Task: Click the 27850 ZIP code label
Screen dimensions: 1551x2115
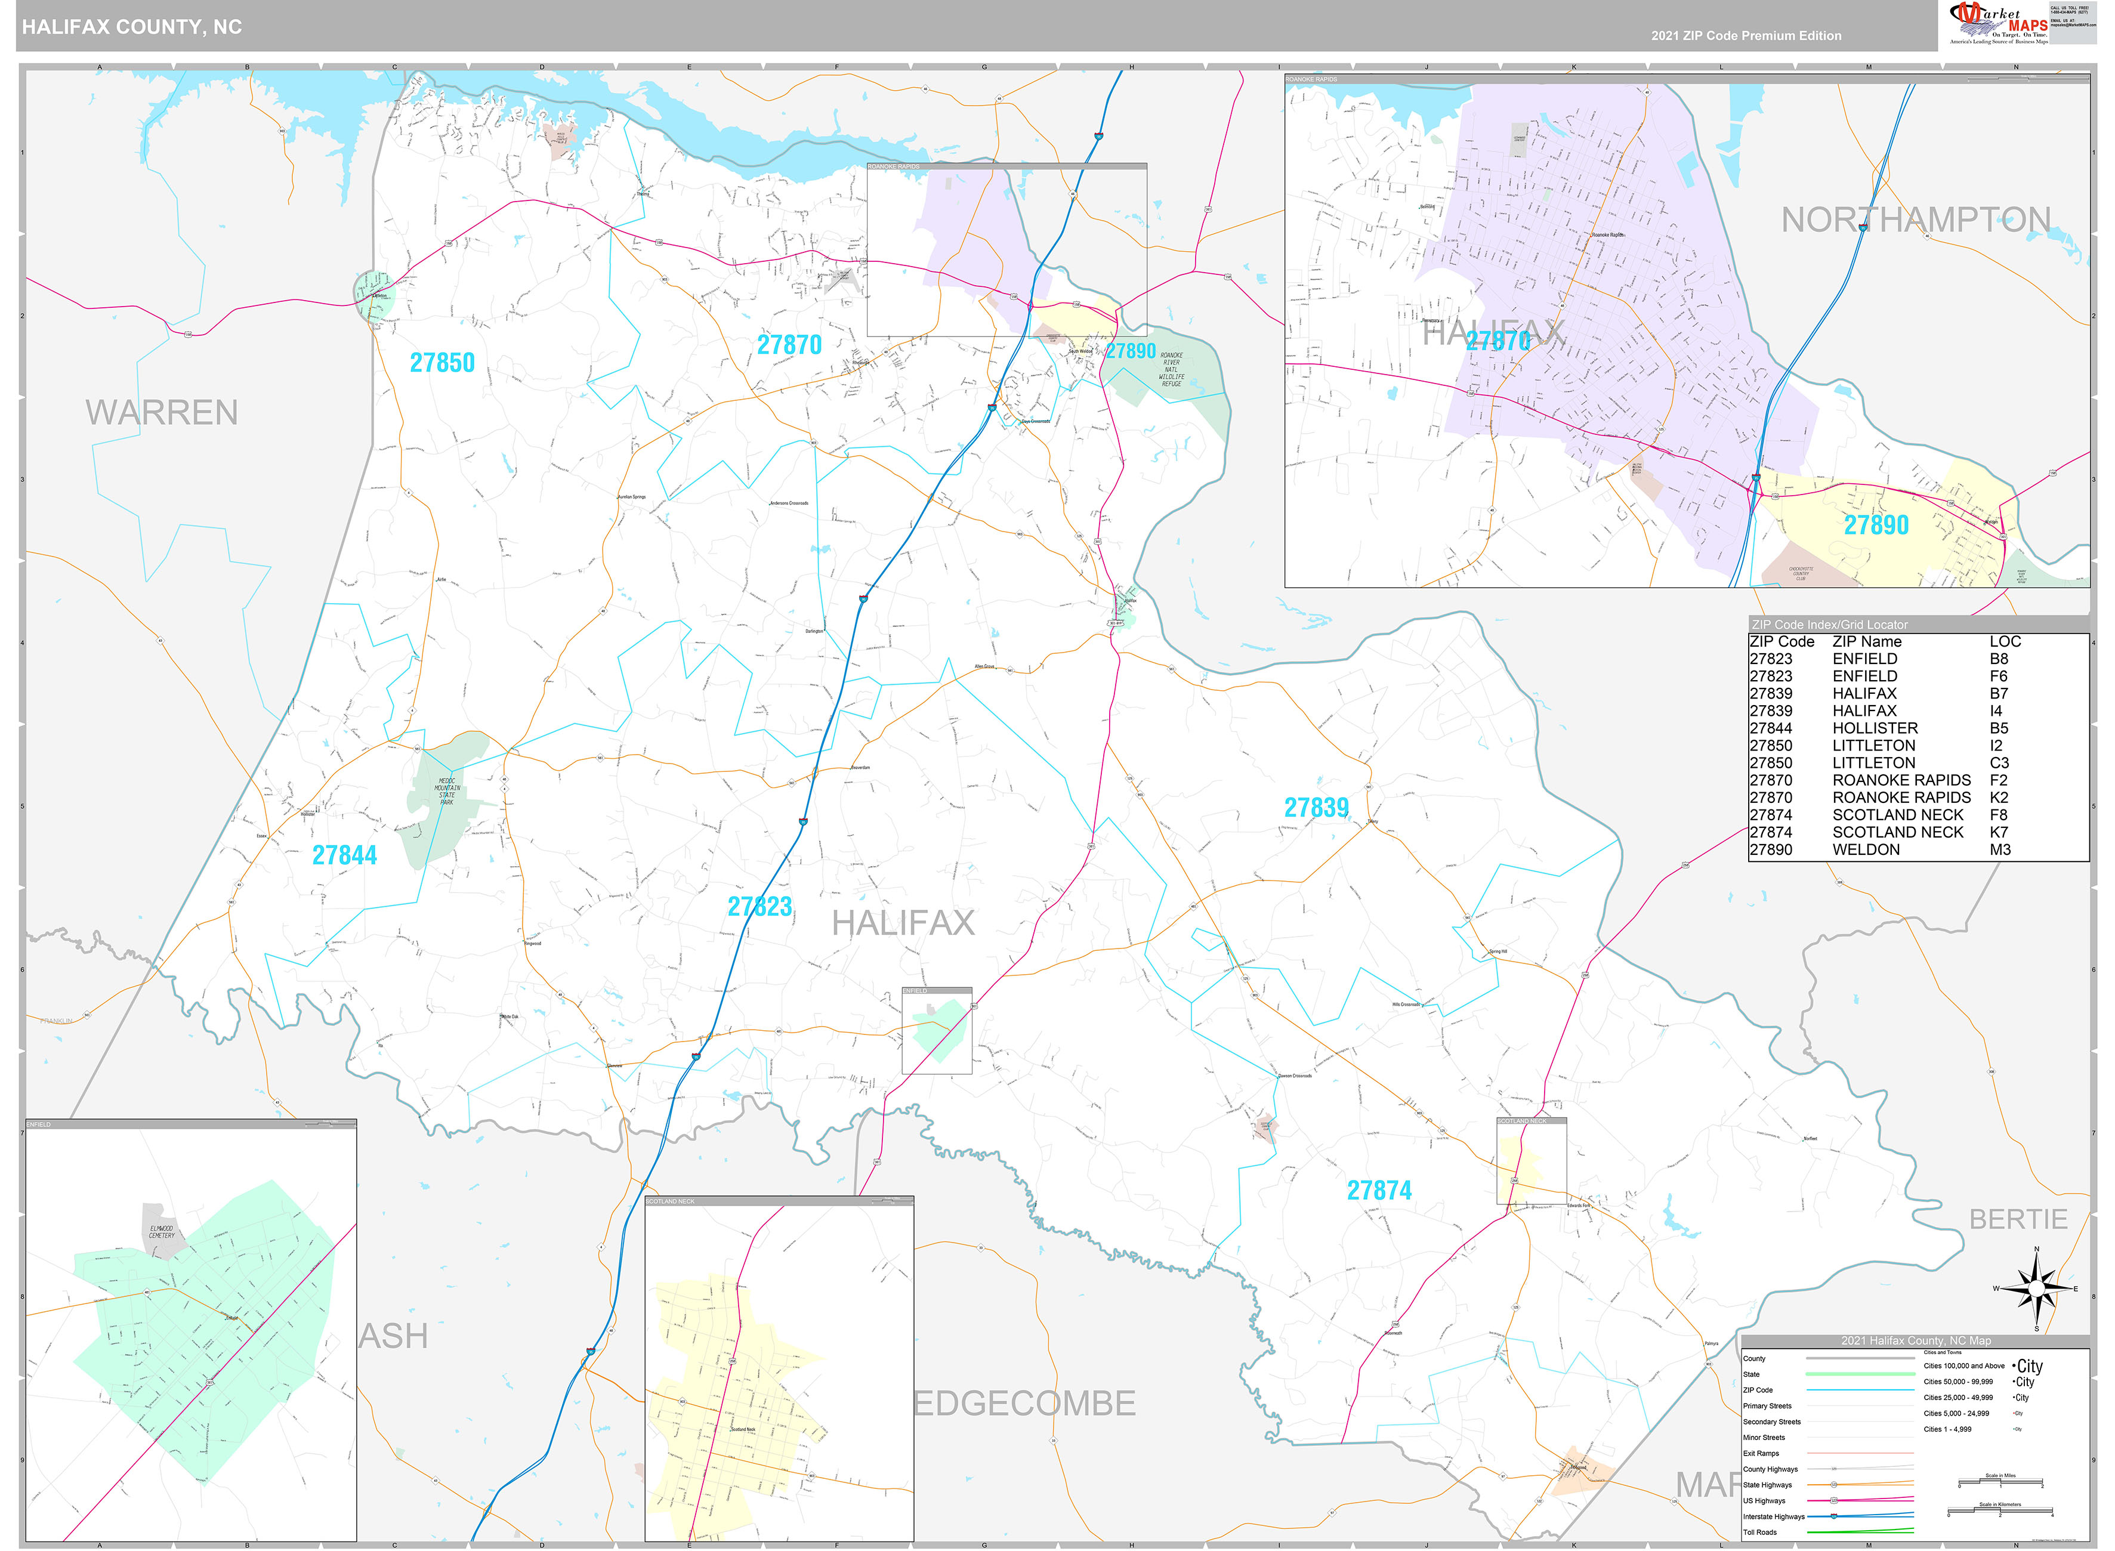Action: (442, 363)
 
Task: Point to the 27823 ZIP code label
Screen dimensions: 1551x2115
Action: (759, 907)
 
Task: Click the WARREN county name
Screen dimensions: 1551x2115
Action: (162, 413)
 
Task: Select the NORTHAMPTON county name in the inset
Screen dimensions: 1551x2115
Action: (1915, 221)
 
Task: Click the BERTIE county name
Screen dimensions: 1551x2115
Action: (2018, 1219)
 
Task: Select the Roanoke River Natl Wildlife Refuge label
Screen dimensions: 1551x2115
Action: (1172, 369)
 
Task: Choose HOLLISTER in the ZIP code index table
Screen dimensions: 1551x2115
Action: (1875, 728)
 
